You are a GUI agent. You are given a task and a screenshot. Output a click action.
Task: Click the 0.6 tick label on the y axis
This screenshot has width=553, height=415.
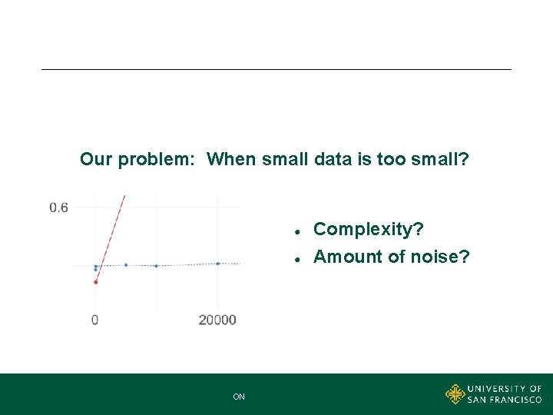(59, 207)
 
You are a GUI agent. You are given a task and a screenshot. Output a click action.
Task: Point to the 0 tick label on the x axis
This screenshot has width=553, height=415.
(95, 320)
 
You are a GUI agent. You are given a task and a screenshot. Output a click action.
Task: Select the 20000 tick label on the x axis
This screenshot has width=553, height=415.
(217, 320)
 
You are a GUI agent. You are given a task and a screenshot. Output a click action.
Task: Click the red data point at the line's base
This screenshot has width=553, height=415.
(95, 282)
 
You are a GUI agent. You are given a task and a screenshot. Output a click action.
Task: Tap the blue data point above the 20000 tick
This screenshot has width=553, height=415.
(217, 264)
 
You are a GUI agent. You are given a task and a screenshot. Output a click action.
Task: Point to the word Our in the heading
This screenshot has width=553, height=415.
(96, 160)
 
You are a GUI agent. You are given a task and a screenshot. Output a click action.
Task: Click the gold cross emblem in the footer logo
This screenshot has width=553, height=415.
(455, 394)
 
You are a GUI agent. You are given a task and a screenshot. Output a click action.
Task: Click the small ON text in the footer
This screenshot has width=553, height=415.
(239, 397)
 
